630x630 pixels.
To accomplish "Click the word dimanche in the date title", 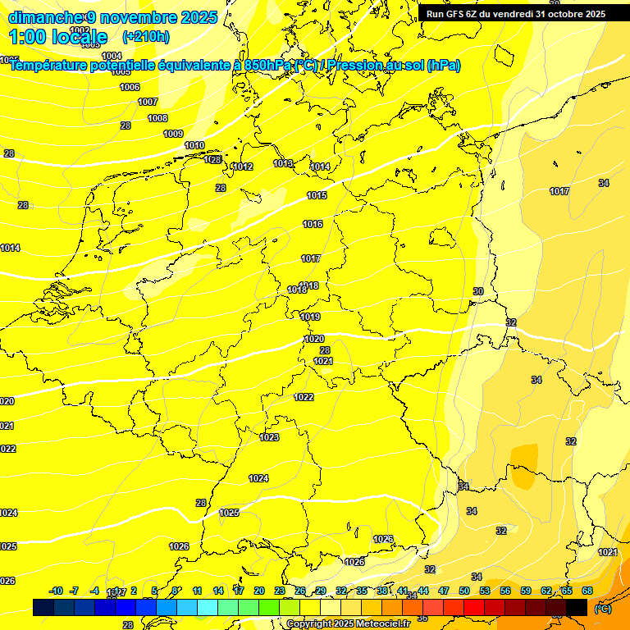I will tap(45, 17).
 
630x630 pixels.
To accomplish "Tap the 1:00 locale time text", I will tap(57, 37).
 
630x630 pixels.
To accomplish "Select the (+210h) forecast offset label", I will tap(146, 36).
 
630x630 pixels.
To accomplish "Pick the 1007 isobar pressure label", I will tap(148, 103).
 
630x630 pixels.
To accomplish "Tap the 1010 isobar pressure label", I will tap(194, 146).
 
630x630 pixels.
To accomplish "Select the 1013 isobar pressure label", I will tap(283, 164).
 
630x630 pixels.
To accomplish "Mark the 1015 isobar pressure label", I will tap(317, 196).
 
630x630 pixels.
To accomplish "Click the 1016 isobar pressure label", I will tap(312, 225).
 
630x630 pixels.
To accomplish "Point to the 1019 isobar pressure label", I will tap(310, 317).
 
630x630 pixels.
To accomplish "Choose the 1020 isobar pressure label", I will tap(314, 340).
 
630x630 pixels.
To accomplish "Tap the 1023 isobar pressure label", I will tap(269, 438).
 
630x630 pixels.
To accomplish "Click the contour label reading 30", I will tap(478, 292).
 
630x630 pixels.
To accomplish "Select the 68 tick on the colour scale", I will tap(587, 591).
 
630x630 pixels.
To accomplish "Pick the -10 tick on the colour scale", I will tap(57, 591).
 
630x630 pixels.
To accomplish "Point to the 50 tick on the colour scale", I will tap(464, 591).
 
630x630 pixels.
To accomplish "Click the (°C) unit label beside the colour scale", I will tap(603, 608).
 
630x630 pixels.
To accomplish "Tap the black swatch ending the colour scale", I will tap(577, 607).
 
